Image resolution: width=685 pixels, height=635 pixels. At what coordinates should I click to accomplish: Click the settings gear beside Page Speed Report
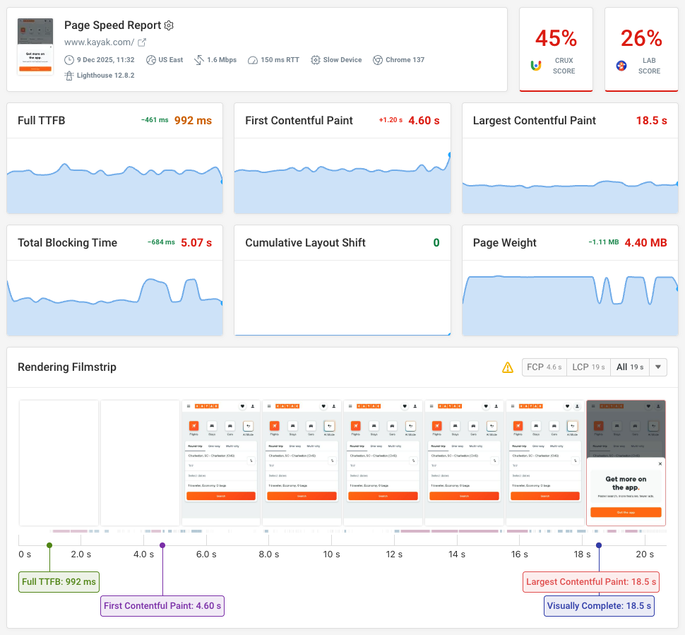(x=169, y=25)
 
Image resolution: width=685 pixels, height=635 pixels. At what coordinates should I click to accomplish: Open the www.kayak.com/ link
(x=99, y=42)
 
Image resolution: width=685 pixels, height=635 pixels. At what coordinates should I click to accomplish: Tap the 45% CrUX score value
(x=555, y=37)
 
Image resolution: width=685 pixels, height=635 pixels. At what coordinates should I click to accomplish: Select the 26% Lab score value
(x=641, y=37)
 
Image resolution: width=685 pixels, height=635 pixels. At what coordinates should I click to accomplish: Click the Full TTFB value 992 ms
(x=193, y=121)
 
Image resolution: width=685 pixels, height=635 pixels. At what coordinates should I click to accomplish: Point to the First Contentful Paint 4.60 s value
(x=424, y=121)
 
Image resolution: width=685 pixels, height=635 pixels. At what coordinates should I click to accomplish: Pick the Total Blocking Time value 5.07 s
(x=196, y=242)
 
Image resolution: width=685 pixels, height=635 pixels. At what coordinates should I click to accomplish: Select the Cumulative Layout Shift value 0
(x=436, y=242)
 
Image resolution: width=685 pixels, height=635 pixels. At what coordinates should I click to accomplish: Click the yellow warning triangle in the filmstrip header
(x=507, y=367)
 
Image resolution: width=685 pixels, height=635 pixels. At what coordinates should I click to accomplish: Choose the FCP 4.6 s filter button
(x=544, y=367)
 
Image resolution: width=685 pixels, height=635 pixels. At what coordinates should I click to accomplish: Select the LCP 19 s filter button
(x=588, y=367)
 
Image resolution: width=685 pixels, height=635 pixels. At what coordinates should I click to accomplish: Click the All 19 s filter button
(x=629, y=367)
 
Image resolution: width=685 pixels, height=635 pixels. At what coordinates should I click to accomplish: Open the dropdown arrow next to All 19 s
(x=658, y=367)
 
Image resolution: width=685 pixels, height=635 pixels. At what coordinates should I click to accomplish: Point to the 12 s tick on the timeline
(x=394, y=554)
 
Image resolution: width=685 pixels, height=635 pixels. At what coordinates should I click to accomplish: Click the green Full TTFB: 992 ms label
(x=59, y=583)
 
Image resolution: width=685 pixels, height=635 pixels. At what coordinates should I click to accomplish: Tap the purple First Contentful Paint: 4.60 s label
(x=162, y=606)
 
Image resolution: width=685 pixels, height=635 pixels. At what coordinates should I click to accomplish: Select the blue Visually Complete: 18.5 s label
(x=599, y=606)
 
